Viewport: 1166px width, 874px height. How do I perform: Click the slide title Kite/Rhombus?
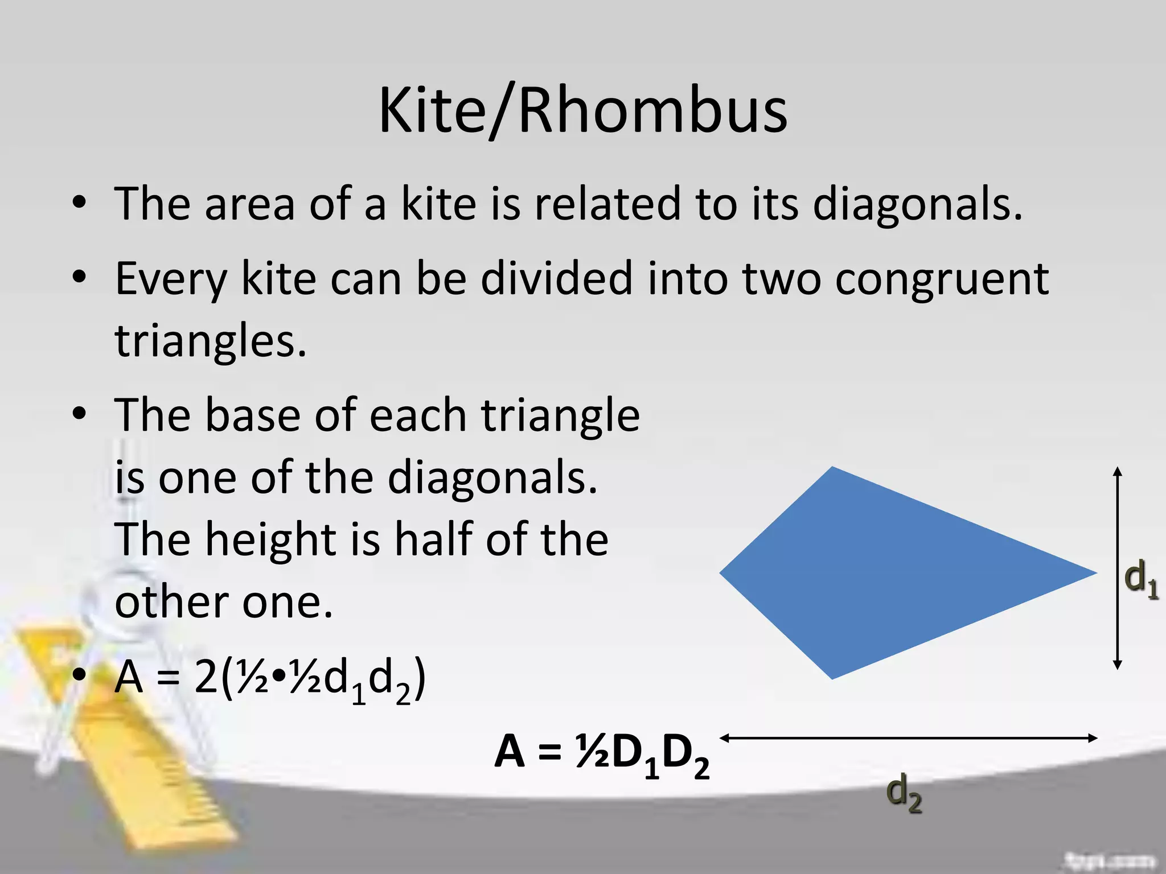coord(583,111)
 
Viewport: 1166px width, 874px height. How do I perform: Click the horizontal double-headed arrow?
coord(909,738)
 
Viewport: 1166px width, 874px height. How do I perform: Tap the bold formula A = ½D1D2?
coord(602,755)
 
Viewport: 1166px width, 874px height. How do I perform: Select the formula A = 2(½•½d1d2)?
coord(270,679)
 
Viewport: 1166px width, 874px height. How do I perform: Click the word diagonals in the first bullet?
coord(917,204)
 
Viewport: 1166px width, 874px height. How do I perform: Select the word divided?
coord(557,279)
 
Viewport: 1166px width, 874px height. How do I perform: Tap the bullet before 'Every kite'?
coord(80,277)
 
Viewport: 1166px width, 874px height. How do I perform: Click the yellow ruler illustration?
coord(154,757)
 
